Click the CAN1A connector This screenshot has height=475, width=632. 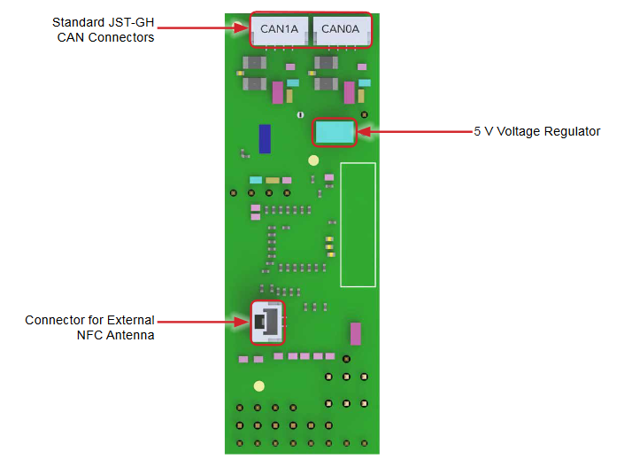coord(279,31)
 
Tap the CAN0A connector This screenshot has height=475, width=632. coord(341,31)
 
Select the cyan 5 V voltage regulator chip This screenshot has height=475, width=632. coord(335,132)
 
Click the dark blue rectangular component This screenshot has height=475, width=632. coord(265,138)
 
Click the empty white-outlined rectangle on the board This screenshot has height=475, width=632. coord(358,224)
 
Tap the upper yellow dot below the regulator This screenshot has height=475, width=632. coord(313,160)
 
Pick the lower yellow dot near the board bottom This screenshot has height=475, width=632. coord(258,386)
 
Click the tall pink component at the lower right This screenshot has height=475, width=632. coord(356,334)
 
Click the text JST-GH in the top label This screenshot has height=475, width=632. coord(133,22)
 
